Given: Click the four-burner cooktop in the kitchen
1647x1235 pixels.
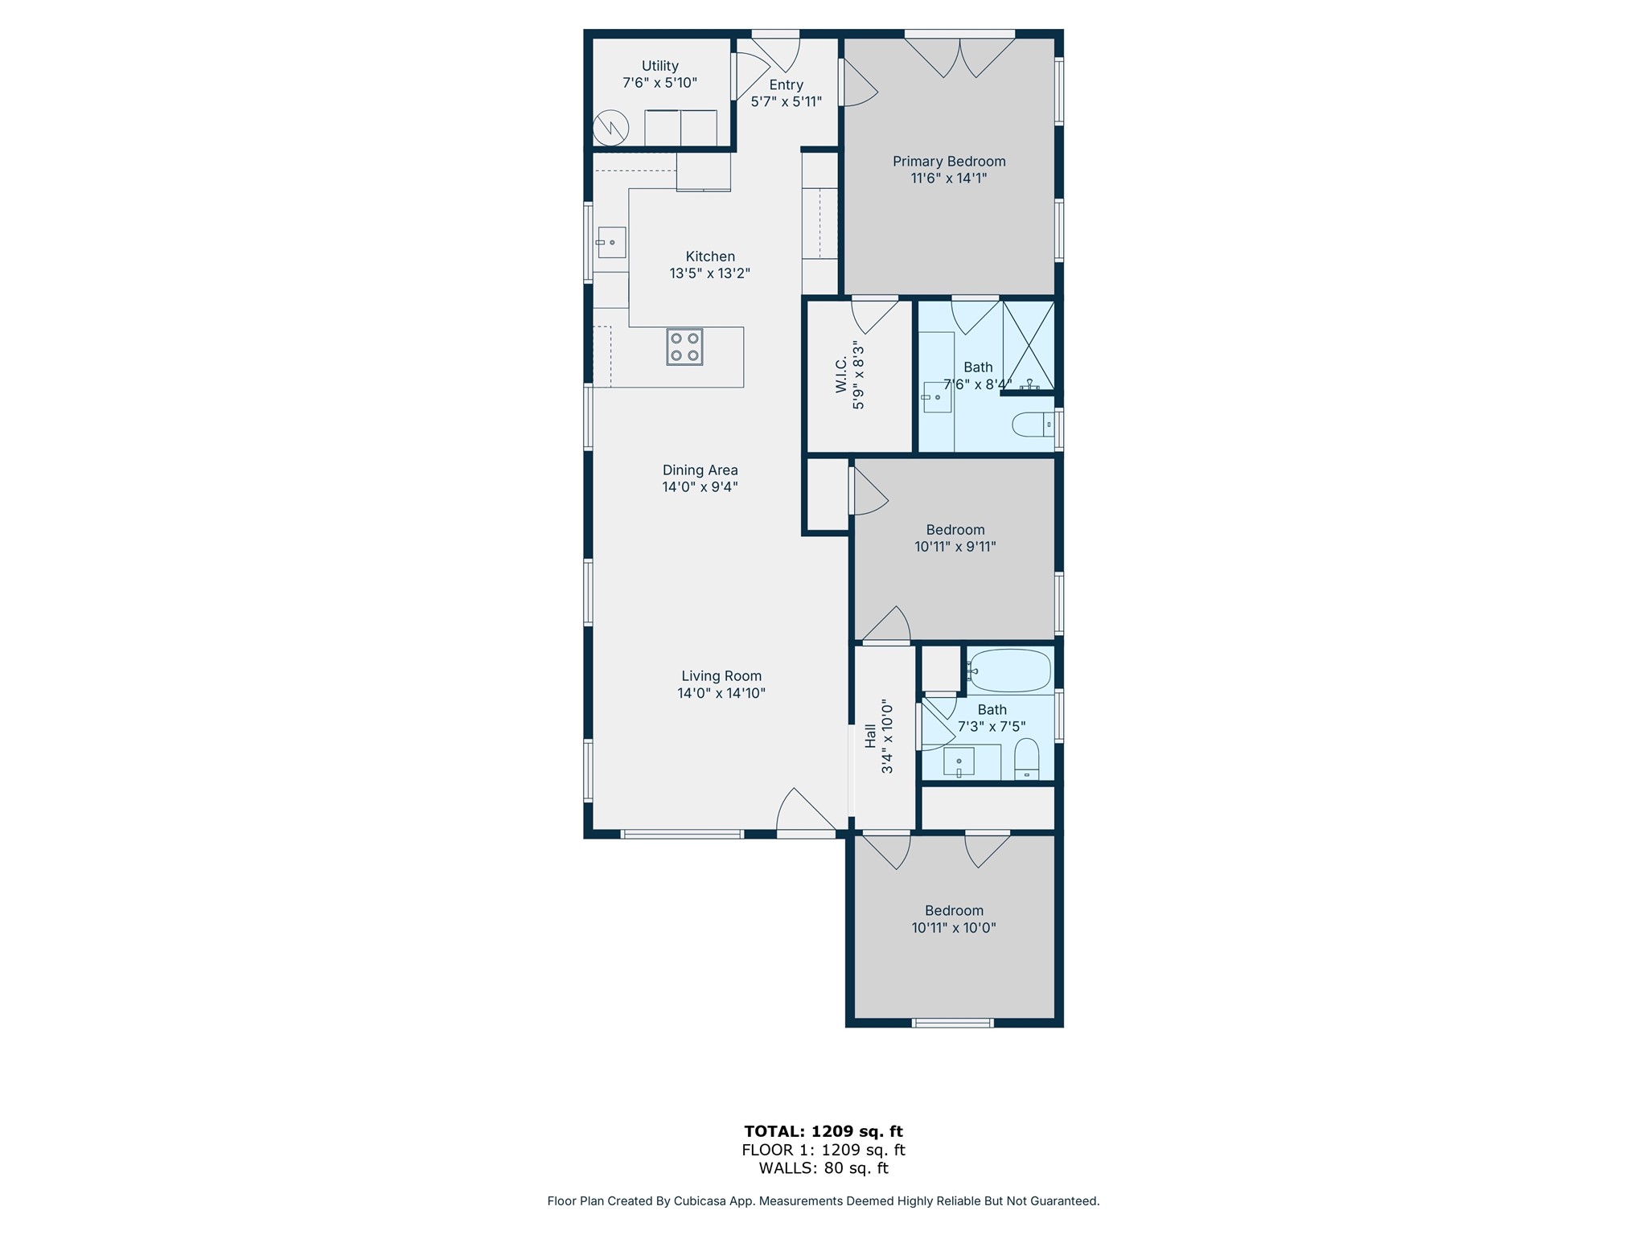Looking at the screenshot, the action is pyautogui.click(x=684, y=347).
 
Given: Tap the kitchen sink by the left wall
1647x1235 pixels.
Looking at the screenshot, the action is pyautogui.click(x=611, y=242).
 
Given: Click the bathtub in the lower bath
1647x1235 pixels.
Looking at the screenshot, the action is pyautogui.click(x=1010, y=671).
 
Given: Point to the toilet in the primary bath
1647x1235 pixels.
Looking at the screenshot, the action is pyautogui.click(x=1033, y=424).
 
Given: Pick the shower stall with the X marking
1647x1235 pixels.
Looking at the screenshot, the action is pyautogui.click(x=1029, y=345).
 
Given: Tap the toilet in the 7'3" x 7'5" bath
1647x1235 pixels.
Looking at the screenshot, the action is pyautogui.click(x=1027, y=759).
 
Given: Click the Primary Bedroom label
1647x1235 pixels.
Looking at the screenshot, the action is pyautogui.click(x=949, y=162).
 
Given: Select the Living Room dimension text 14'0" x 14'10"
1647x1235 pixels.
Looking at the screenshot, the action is pyautogui.click(x=721, y=693).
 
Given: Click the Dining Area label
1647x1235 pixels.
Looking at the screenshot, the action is pyautogui.click(x=700, y=470).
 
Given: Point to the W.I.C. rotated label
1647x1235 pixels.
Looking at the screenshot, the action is pyautogui.click(x=841, y=375).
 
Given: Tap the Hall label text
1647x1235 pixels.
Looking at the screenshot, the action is pyautogui.click(x=870, y=736).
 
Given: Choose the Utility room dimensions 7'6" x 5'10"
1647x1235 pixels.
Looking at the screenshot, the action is pyautogui.click(x=659, y=83).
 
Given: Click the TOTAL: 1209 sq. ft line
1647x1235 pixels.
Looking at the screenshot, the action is pyautogui.click(x=823, y=1131).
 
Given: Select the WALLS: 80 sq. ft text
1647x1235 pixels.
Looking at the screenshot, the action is pyautogui.click(x=823, y=1168).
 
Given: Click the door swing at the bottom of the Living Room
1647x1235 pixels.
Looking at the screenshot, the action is pyautogui.click(x=805, y=810).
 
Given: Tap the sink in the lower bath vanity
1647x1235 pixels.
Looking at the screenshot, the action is pyautogui.click(x=959, y=761).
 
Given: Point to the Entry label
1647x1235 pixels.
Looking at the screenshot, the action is pyautogui.click(x=787, y=85).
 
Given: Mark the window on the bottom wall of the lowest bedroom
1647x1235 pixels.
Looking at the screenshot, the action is pyautogui.click(x=953, y=1023).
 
